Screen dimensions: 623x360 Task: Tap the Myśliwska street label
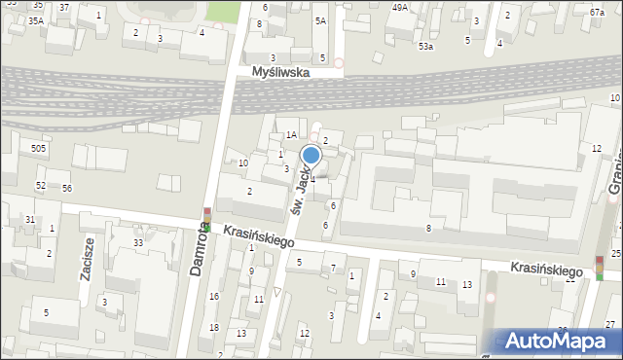(x=280, y=72)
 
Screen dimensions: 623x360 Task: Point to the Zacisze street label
(x=89, y=258)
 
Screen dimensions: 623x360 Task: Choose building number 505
(x=38, y=148)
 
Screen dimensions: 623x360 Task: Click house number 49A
(x=400, y=7)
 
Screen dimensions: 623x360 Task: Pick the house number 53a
(x=425, y=46)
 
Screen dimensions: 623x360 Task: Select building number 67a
(x=597, y=12)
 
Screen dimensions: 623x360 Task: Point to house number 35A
(x=35, y=20)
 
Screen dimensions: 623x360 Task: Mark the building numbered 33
(x=138, y=242)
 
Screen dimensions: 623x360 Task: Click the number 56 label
(x=67, y=188)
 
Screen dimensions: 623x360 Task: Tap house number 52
(x=41, y=185)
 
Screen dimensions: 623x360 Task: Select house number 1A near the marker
(x=290, y=135)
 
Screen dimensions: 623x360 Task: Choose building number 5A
(x=319, y=20)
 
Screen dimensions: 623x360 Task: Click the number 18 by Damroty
(x=214, y=328)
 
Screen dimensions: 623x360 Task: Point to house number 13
(x=467, y=284)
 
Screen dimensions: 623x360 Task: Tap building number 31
(x=30, y=220)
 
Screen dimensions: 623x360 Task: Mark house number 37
(x=64, y=7)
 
